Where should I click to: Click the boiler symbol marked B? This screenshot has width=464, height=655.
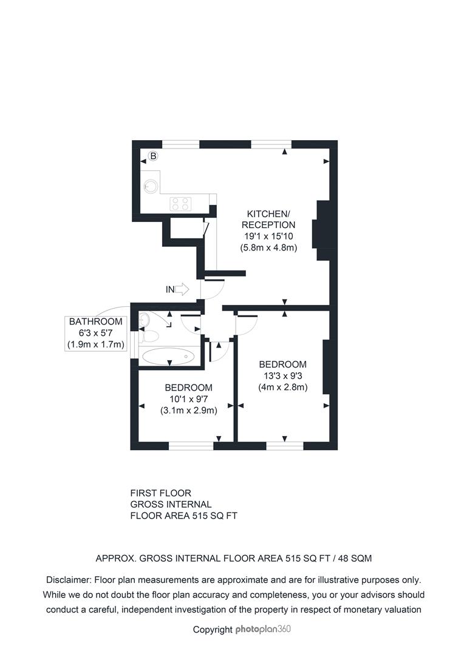click(153, 156)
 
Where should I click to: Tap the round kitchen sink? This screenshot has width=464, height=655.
click(151, 186)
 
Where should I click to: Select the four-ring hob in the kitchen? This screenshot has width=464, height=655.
click(180, 203)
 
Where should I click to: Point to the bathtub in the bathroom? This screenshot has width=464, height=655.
click(168, 357)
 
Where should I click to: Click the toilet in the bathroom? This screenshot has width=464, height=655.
click(150, 336)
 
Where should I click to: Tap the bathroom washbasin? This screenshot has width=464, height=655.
click(145, 320)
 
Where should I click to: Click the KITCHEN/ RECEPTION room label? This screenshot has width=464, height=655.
click(268, 220)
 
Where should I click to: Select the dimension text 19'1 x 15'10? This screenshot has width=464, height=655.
click(268, 236)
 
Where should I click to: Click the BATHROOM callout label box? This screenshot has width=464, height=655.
click(96, 334)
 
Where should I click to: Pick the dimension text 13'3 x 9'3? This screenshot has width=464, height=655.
click(283, 375)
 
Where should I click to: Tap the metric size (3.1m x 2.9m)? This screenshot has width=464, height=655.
click(189, 410)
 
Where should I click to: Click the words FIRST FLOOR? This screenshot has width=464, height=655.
click(161, 493)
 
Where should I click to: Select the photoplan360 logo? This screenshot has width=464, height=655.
click(263, 629)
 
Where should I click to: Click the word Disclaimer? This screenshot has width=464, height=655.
click(69, 580)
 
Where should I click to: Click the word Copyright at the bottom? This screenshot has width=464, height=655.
click(213, 630)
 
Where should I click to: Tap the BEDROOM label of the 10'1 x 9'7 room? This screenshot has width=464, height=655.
click(189, 387)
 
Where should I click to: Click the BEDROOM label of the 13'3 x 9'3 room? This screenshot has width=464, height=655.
click(283, 364)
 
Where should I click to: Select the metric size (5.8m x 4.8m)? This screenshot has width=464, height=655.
click(268, 247)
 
